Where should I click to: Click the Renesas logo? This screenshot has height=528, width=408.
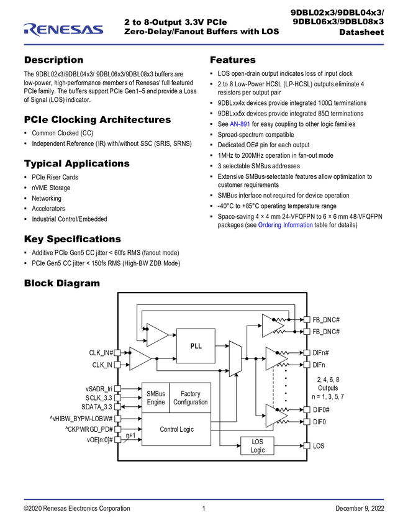coord(63,30)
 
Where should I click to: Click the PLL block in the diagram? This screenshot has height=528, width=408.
coord(196,346)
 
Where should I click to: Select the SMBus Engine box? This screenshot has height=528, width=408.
coord(155,398)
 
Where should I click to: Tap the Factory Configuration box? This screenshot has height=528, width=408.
coord(190,398)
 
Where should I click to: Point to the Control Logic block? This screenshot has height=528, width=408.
coord(176,429)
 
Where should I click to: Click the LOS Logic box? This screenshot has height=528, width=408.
coord(257,446)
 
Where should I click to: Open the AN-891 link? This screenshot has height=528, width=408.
coord(240,124)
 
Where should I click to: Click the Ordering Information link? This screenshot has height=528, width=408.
coord(285,225)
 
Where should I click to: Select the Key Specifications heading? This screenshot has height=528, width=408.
coord(73,239)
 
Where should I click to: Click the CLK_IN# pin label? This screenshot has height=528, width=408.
coord(101,353)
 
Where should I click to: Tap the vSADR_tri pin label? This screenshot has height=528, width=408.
coord(99,389)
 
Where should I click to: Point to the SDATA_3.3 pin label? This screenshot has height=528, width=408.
coord(97,407)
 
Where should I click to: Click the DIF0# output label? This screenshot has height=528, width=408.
coord(321,410)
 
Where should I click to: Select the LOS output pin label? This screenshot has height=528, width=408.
coord(319,446)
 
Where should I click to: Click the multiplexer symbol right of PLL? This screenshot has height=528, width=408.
coord(235,358)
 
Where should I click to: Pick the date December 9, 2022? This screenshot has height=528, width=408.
coord(360,509)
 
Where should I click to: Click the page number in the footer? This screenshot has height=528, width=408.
coord(204,509)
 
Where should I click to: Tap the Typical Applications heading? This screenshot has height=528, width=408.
coord(77,163)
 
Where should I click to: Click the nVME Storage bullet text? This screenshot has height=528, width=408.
coord(51,188)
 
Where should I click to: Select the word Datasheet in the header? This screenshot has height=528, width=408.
coord(361,32)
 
